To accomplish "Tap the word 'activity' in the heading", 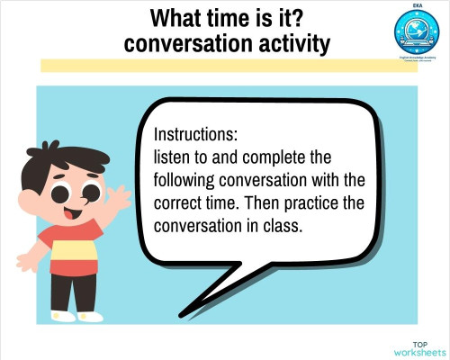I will coord(289,42).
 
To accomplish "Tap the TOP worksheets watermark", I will coord(419,347).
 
